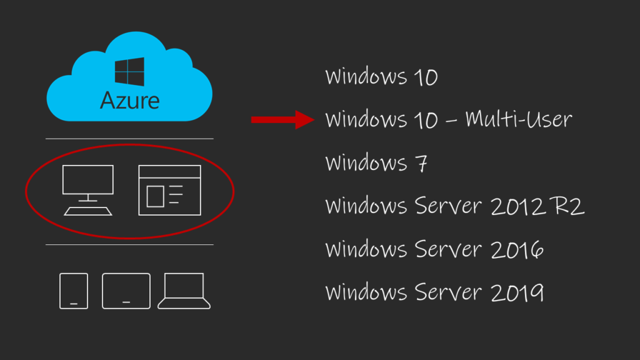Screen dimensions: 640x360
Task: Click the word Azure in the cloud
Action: (x=130, y=101)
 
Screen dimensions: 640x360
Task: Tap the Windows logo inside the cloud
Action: (x=129, y=71)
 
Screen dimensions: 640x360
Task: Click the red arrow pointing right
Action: (x=282, y=119)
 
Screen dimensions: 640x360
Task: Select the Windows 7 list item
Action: (x=376, y=163)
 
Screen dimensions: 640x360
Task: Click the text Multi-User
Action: (x=518, y=119)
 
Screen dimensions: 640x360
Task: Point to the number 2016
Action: (x=517, y=249)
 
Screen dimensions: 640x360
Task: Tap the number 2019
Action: (x=517, y=292)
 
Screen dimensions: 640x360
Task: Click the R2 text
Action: (x=567, y=206)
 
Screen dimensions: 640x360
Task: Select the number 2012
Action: (x=517, y=206)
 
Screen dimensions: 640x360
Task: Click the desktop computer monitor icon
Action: (x=87, y=179)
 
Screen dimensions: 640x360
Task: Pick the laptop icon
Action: (x=184, y=291)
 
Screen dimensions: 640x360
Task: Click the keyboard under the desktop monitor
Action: (x=88, y=211)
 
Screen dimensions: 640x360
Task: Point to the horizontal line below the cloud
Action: (x=129, y=139)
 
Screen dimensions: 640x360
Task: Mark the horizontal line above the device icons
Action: (x=129, y=245)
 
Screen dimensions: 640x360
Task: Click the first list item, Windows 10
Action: (x=381, y=76)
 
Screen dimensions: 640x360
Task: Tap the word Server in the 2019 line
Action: (x=448, y=292)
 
